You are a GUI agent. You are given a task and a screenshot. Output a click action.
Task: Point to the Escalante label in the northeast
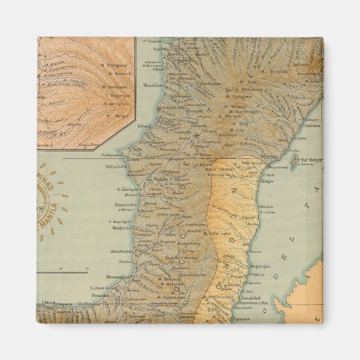(299, 65)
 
